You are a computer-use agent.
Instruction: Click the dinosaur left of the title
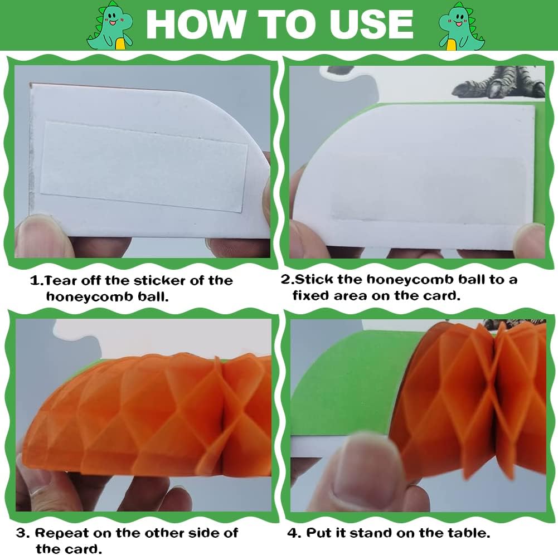(110, 26)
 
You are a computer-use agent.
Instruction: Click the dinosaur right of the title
(462, 26)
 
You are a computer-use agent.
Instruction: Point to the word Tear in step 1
(61, 281)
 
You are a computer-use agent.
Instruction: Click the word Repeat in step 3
(61, 534)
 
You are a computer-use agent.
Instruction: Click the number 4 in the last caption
(293, 533)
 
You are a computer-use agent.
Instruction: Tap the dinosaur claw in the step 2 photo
(498, 82)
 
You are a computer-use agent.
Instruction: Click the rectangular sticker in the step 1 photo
(144, 167)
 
